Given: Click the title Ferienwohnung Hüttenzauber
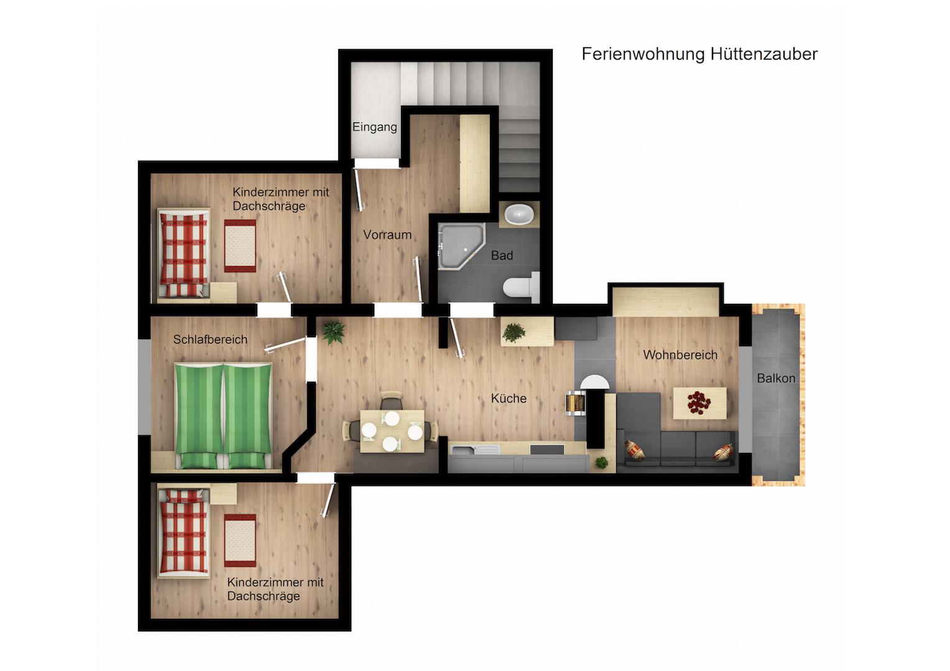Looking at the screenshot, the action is click(699, 54).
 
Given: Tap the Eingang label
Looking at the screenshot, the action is click(374, 127).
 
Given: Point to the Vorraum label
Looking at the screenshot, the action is click(387, 235).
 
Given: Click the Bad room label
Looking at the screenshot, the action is click(502, 255).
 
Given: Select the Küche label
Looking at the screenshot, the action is click(509, 398).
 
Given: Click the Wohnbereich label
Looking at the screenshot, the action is click(680, 355).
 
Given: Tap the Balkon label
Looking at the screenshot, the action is click(776, 378).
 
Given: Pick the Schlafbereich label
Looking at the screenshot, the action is click(210, 339).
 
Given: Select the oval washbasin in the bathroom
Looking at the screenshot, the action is click(519, 215).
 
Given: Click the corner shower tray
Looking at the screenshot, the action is click(461, 246).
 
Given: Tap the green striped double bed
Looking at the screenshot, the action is click(223, 416).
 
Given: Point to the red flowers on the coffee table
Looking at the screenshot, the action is click(698, 402).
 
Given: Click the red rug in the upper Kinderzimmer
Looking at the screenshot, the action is click(240, 246).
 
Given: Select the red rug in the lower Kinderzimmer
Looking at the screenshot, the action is click(240, 541).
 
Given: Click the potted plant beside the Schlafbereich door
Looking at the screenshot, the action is click(333, 332).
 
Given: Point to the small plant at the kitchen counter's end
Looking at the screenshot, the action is click(601, 462).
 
